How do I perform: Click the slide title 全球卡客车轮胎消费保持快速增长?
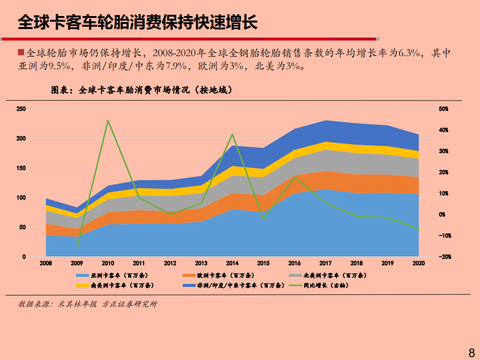(138, 22)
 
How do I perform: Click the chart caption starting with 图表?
(142, 90)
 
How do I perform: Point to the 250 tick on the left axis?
(21, 109)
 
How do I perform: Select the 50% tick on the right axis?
(443, 109)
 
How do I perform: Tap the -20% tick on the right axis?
(443, 257)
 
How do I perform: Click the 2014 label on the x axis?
(232, 263)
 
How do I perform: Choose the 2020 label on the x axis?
(418, 263)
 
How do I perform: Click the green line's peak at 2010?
(108, 120)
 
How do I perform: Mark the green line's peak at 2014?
(233, 134)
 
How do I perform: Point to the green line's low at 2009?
(77, 247)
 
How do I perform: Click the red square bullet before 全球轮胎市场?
(21, 52)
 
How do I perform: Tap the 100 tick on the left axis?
(21, 198)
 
